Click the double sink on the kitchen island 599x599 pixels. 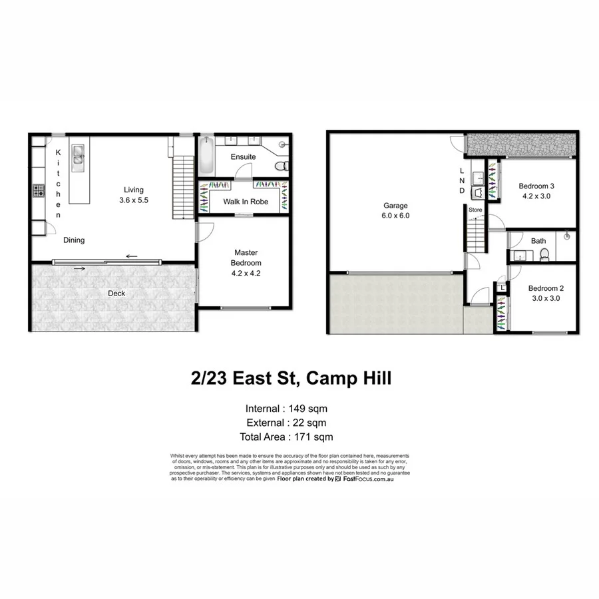(79, 154)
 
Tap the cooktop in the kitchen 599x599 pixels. (39, 192)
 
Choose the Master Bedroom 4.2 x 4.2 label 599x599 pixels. (246, 262)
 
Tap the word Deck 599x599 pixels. (116, 294)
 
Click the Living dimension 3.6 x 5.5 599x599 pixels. (134, 200)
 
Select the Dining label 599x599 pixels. (74, 240)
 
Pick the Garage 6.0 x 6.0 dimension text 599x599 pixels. (395, 216)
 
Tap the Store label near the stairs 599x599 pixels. (475, 210)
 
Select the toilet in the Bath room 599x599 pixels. (544, 253)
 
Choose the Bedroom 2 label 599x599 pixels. (546, 288)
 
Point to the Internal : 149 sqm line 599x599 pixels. (286, 409)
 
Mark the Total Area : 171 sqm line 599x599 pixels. (286, 437)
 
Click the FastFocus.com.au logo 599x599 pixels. (364, 479)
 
